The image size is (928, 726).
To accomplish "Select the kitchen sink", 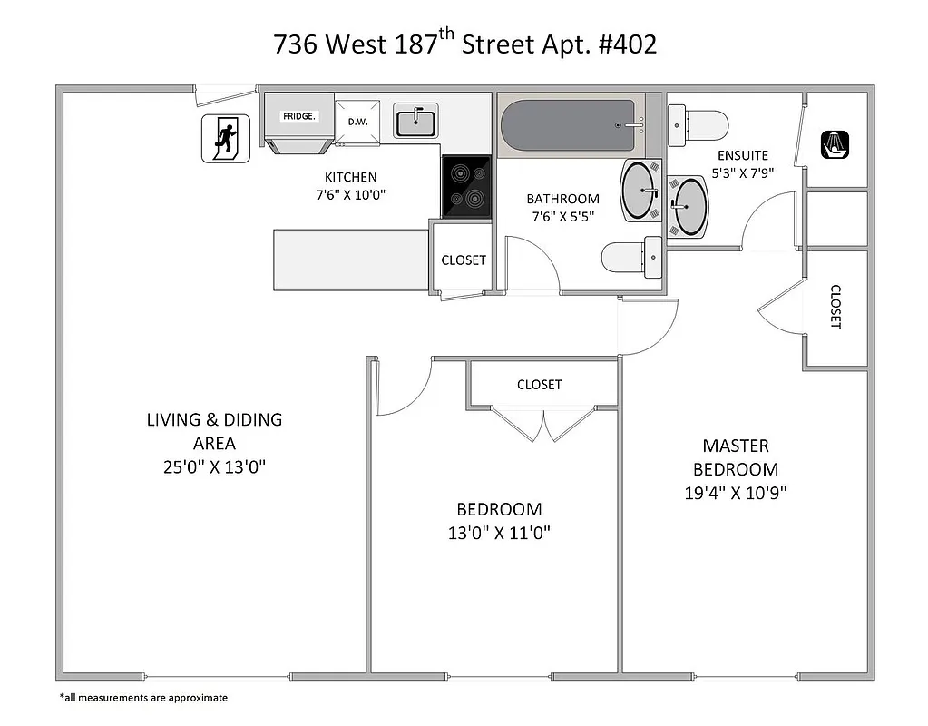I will (x=415, y=121).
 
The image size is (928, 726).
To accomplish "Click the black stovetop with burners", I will (x=466, y=186).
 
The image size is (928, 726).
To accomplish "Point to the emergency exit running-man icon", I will (x=224, y=139).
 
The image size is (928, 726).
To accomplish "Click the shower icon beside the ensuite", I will (x=835, y=144).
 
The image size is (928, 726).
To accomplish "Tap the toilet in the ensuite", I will (x=698, y=124).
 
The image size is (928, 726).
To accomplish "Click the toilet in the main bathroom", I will (x=632, y=259).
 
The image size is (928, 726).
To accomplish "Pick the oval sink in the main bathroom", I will (x=640, y=191).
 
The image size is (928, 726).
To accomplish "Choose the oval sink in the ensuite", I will (x=690, y=206).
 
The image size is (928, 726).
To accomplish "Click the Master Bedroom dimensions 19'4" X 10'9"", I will (x=736, y=494).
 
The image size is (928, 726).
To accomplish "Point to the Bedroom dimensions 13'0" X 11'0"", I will (x=499, y=533).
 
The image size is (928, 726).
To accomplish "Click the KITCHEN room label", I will (x=351, y=177).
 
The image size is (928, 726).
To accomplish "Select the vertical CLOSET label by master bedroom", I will (x=835, y=307).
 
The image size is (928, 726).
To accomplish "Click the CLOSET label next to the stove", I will (x=464, y=260).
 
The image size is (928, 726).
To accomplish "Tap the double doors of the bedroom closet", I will (x=543, y=425).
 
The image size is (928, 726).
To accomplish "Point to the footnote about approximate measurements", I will (x=143, y=698).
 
